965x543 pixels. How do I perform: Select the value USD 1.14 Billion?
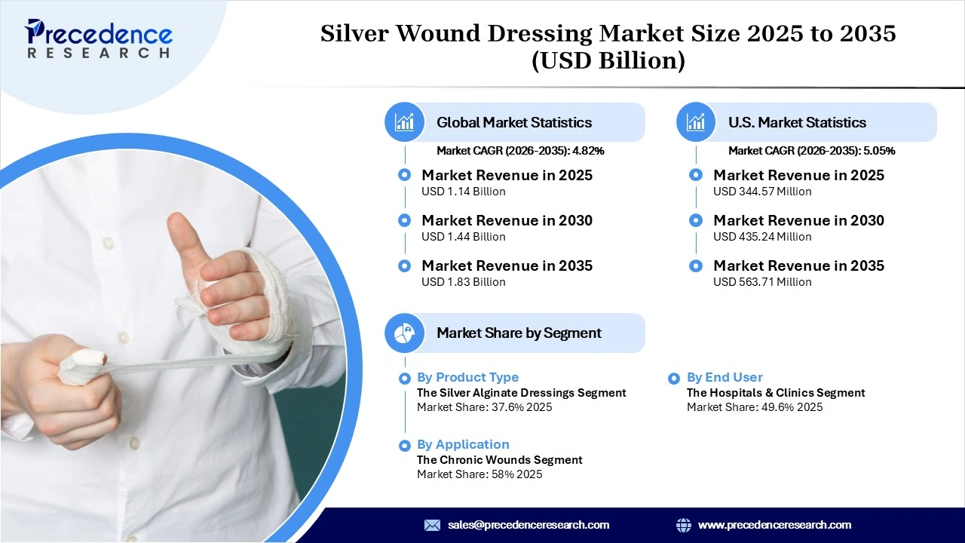pos(463,192)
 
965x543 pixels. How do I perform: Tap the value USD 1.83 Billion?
pos(463,282)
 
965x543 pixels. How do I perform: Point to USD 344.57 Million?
pos(762,192)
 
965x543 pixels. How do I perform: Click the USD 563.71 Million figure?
pos(762,282)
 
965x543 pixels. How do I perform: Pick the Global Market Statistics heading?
pos(514,122)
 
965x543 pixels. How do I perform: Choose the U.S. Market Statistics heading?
pos(797,122)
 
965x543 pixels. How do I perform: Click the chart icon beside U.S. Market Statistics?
pos(696,122)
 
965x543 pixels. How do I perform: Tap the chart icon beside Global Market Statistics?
pos(405,122)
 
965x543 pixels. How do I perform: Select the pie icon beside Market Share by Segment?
pos(405,333)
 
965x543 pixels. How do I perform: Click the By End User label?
pos(725,377)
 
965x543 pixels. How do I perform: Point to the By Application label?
pos(463,444)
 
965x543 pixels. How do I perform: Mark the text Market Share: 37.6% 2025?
pos(484,407)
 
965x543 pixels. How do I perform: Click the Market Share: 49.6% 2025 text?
pos(754,407)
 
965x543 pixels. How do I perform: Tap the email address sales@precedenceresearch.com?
pos(528,525)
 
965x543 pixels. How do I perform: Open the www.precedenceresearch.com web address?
pos(774,525)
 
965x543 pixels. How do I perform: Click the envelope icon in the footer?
pos(432,525)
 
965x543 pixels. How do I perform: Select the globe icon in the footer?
pos(684,525)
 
